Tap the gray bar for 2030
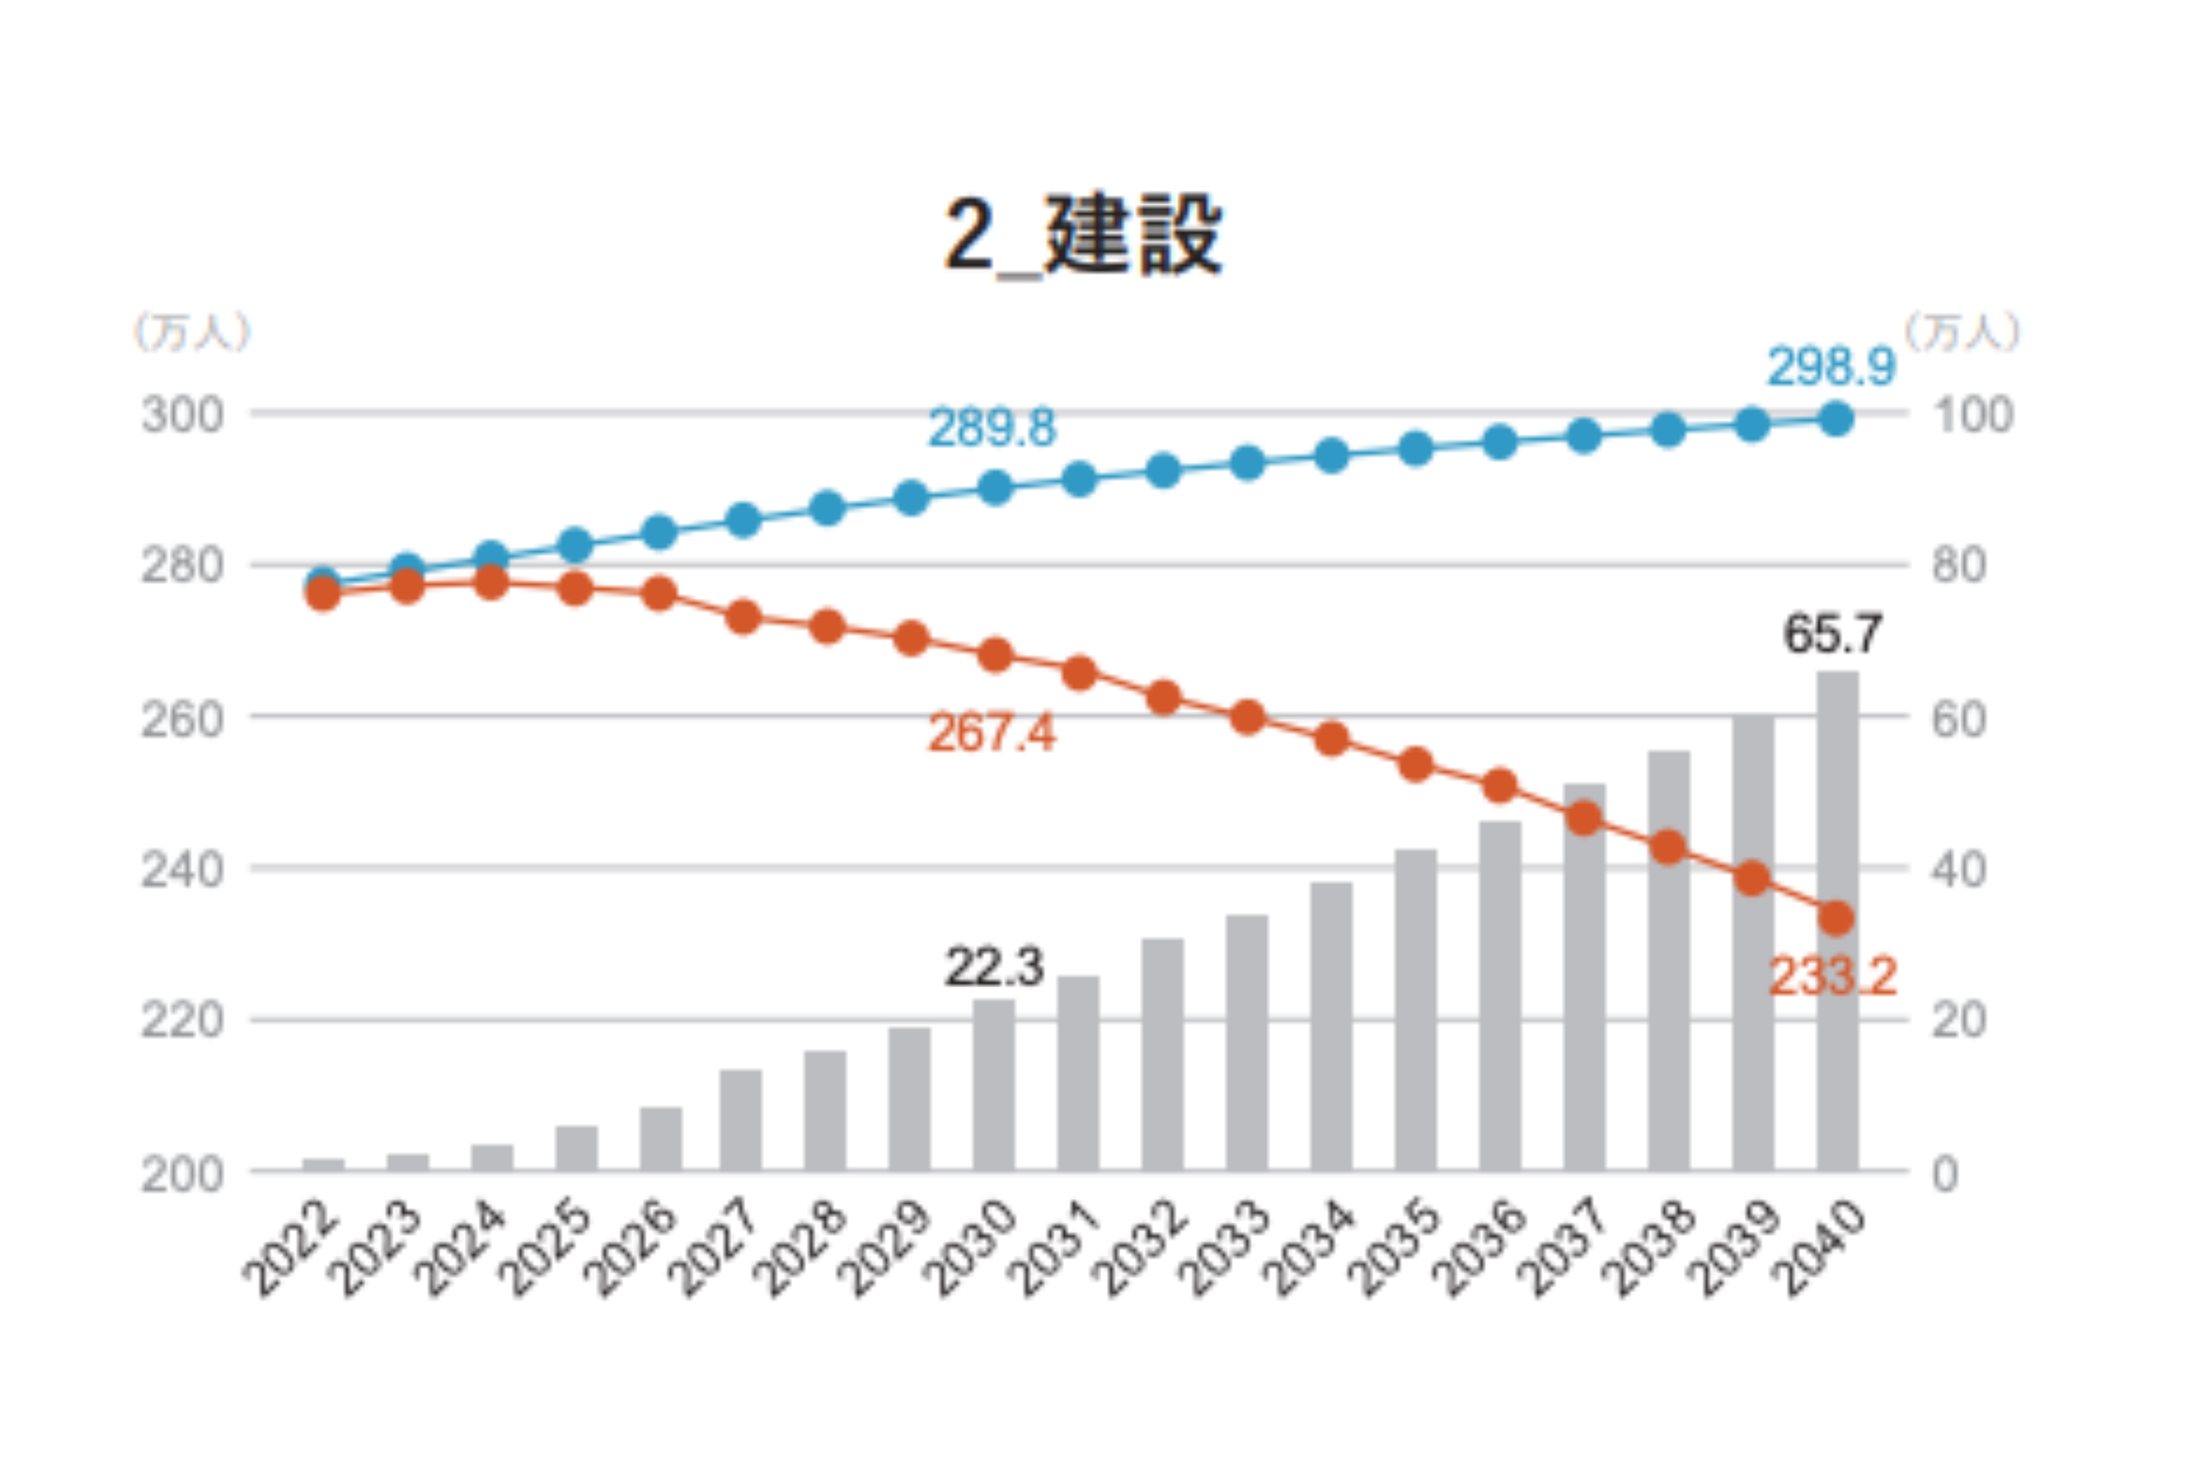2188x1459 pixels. tap(994, 1085)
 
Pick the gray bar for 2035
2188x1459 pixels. tap(1416, 1009)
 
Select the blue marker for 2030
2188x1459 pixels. tap(994, 488)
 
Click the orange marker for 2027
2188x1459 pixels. tap(742, 617)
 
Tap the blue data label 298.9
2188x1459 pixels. tap(1831, 366)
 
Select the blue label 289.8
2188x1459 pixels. tap(992, 428)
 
